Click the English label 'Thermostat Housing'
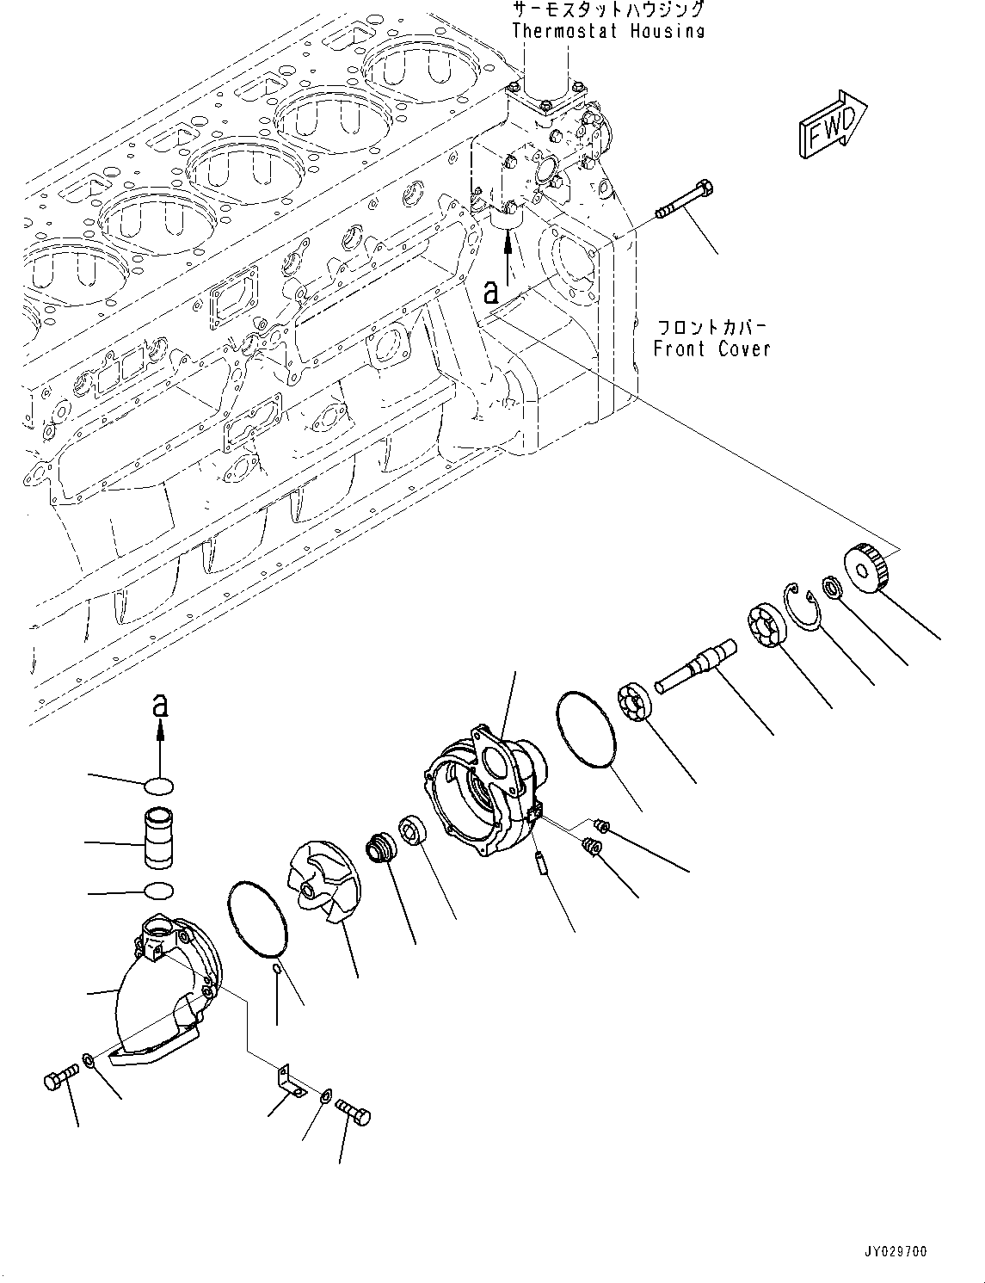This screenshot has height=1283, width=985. (x=608, y=31)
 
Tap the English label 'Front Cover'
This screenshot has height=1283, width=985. (x=711, y=349)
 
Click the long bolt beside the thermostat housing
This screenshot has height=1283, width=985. (x=685, y=199)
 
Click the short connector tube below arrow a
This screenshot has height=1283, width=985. (x=159, y=837)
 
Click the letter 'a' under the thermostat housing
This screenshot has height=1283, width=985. (x=490, y=292)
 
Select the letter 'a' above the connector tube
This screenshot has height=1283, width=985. (x=159, y=706)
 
